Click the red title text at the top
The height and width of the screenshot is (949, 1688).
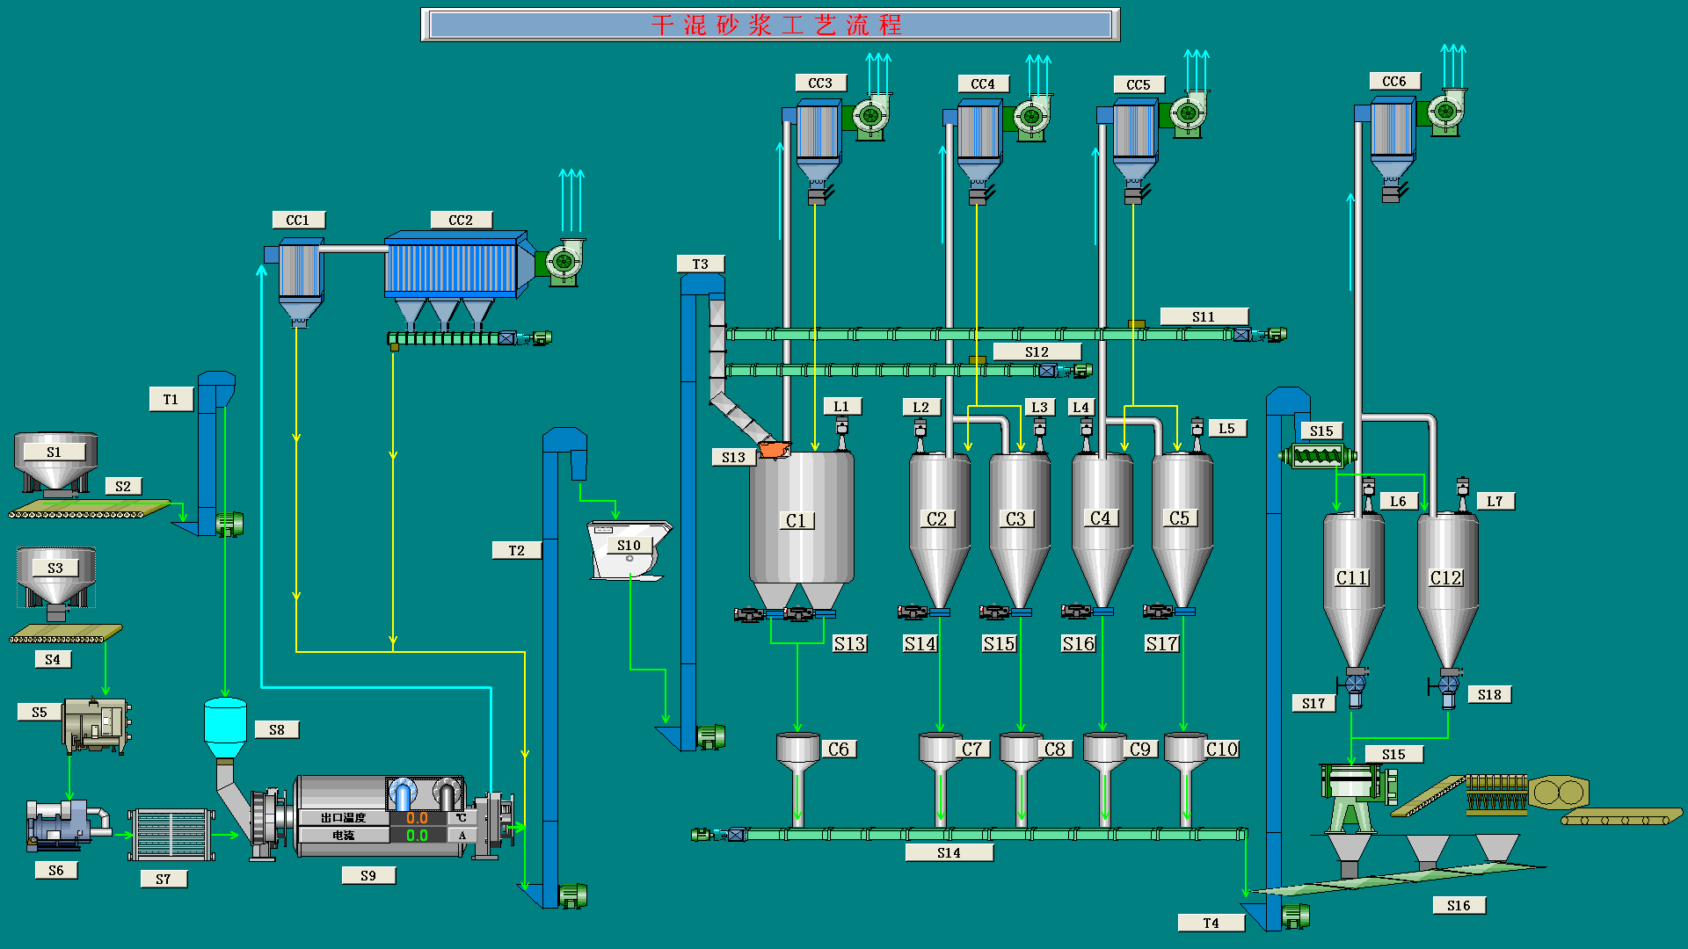[x=776, y=25]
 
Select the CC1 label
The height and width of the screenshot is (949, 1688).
[x=298, y=220]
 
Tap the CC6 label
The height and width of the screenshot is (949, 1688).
[x=1394, y=81]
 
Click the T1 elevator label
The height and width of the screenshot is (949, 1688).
[x=171, y=400]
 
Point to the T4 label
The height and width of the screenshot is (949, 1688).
[x=1211, y=923]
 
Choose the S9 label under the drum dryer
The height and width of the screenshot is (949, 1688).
[x=368, y=875]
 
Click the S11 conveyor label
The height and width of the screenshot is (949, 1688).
[x=1204, y=316]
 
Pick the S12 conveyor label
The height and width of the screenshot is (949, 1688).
[x=1037, y=351]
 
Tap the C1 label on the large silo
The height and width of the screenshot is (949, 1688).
[x=797, y=520]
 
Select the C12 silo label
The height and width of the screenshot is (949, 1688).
[x=1446, y=577]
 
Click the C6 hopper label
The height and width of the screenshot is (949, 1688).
[x=839, y=749]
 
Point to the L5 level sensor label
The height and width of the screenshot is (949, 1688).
[x=1226, y=428]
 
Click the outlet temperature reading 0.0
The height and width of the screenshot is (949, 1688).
[x=417, y=818]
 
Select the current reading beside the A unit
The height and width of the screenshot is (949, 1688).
[x=417, y=835]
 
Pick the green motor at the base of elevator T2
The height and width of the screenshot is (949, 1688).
[x=572, y=895]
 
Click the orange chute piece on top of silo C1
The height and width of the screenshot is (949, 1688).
[x=774, y=449]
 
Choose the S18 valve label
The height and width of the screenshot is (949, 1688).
[x=1489, y=694]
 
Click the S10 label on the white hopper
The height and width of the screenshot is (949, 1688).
[x=629, y=545]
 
